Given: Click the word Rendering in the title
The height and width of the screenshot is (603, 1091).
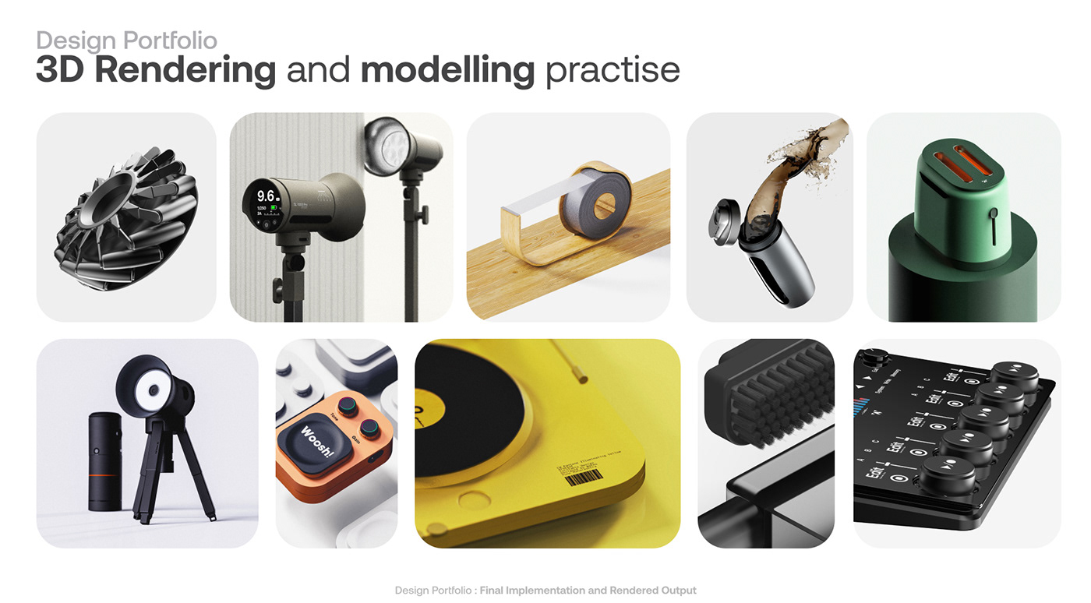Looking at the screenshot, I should click(185, 70).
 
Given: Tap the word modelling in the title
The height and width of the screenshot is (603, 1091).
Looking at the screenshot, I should click(447, 70).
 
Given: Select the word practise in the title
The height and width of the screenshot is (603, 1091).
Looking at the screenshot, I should click(613, 70).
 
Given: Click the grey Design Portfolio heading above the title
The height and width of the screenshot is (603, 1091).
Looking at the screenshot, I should click(126, 41).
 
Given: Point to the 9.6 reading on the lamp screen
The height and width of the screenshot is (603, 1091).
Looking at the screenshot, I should click(267, 196).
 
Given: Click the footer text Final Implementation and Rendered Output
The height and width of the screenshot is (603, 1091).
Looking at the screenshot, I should click(588, 591).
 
